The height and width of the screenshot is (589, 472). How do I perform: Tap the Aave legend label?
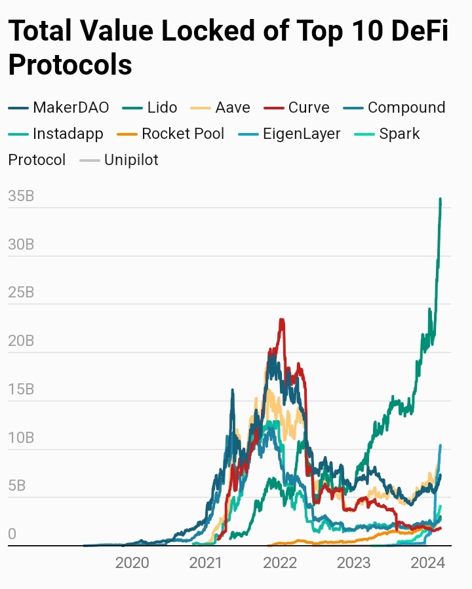(232, 107)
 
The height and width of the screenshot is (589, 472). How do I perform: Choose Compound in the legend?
(406, 107)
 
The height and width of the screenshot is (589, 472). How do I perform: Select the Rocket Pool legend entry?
(183, 134)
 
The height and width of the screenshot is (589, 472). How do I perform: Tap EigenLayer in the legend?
(302, 134)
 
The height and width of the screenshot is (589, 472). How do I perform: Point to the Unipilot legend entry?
(131, 160)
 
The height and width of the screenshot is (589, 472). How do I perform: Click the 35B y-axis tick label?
(21, 196)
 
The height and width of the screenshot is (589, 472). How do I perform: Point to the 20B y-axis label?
(21, 341)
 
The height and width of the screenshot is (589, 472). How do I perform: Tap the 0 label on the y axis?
(12, 534)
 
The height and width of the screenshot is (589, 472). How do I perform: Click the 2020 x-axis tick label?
(132, 562)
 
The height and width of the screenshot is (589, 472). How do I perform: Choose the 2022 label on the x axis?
(280, 562)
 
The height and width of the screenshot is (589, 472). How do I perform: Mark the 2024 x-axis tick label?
(428, 562)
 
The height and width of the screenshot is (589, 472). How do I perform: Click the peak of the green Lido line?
(440, 199)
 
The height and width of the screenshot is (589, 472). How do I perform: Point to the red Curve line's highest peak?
(282, 320)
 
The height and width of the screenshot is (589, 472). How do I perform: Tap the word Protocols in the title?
(70, 64)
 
